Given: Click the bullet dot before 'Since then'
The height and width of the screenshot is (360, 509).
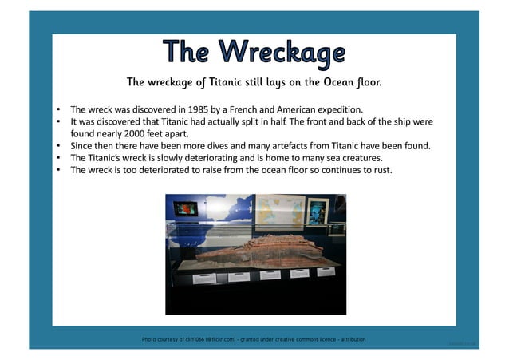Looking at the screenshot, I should tap(59, 147).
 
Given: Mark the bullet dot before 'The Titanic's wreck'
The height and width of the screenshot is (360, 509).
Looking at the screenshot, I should tap(59, 159).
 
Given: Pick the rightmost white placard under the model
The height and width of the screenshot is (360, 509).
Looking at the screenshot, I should tap(326, 271).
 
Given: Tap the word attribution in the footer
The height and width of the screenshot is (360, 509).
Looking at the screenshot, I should tap(349, 340).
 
